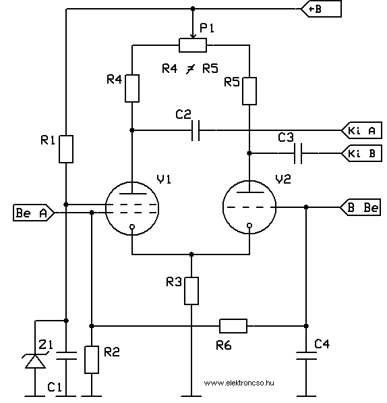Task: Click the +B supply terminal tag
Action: click(x=322, y=9)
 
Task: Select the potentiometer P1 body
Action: click(x=192, y=45)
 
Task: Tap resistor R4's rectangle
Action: click(x=132, y=88)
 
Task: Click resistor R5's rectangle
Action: click(x=249, y=91)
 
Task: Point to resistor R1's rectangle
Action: click(x=66, y=149)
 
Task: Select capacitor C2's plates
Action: click(x=196, y=130)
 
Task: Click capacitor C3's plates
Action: click(x=298, y=153)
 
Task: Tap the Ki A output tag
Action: click(x=361, y=130)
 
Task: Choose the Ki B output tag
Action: click(x=361, y=153)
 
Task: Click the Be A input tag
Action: click(x=34, y=213)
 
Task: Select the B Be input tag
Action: click(x=360, y=207)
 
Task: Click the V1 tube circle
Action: click(x=132, y=209)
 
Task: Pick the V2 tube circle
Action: click(x=249, y=207)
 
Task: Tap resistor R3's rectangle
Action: click(x=191, y=291)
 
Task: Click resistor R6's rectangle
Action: click(x=233, y=326)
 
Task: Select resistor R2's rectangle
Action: click(x=92, y=360)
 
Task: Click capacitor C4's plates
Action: click(x=306, y=356)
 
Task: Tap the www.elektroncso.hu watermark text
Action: click(x=239, y=383)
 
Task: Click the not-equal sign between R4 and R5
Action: click(x=190, y=69)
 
